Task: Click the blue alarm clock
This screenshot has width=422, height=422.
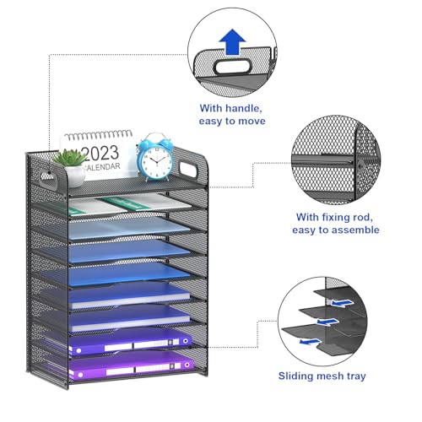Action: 155,158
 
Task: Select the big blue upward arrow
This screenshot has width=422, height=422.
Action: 232,41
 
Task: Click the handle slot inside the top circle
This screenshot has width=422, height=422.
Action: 232,67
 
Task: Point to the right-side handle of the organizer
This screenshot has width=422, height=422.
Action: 188,169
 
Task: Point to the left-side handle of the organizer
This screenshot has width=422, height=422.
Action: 48,179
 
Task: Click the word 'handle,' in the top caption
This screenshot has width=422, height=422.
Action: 244,108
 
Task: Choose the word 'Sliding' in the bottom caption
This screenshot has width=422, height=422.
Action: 295,376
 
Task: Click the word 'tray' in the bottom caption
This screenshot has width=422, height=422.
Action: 356,376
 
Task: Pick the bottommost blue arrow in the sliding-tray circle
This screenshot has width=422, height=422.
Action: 310,342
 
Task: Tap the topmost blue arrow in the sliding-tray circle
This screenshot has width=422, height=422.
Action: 342,303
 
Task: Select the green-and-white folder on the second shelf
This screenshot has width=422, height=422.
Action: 125,205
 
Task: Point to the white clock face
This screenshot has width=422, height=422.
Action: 155,161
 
